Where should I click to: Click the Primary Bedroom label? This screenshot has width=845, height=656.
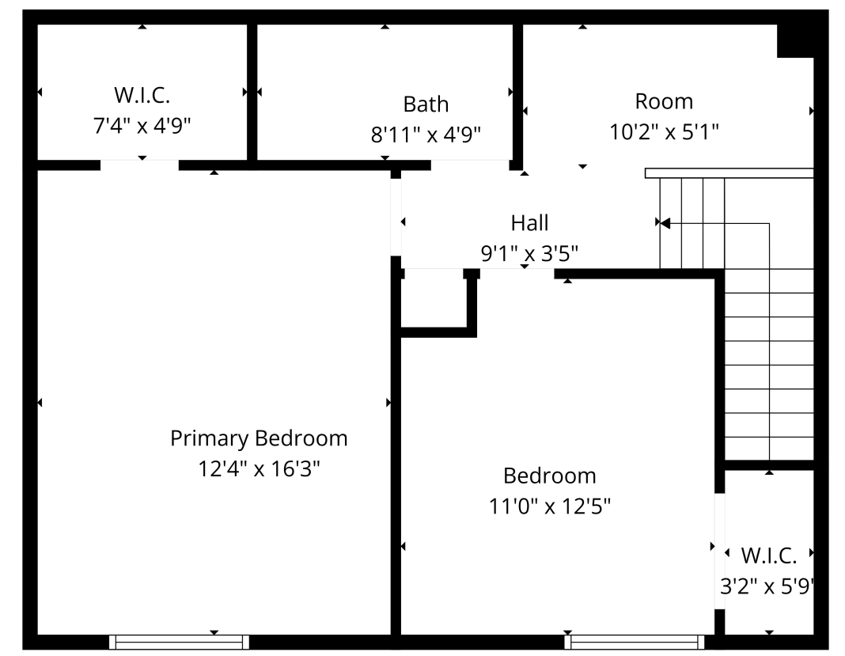pyautogui.click(x=259, y=438)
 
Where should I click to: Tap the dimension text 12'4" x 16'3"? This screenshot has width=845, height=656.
pyautogui.click(x=259, y=468)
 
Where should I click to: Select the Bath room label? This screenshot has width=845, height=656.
pyautogui.click(x=426, y=104)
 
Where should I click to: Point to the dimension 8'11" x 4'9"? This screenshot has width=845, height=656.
pyautogui.click(x=426, y=134)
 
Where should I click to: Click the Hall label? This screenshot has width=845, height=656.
pyautogui.click(x=529, y=222)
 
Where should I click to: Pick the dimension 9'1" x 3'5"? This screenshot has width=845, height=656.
pyautogui.click(x=529, y=253)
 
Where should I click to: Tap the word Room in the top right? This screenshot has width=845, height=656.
pyautogui.click(x=664, y=101)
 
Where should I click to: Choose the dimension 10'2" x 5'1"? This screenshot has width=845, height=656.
pyautogui.click(x=664, y=131)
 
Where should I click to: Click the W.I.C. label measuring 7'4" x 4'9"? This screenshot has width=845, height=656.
pyautogui.click(x=142, y=95)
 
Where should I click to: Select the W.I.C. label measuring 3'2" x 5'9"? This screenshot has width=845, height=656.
pyautogui.click(x=768, y=556)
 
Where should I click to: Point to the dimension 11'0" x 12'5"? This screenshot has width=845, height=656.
pyautogui.click(x=549, y=506)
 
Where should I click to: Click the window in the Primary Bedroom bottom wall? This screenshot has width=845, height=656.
pyautogui.click(x=179, y=642)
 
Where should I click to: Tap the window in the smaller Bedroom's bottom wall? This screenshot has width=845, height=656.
pyautogui.click(x=635, y=642)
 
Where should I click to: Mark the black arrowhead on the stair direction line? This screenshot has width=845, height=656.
pyautogui.click(x=665, y=223)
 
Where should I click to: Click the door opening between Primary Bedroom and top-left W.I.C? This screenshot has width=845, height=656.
pyautogui.click(x=139, y=165)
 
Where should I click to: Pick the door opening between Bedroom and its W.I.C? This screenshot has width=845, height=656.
pyautogui.click(x=720, y=551)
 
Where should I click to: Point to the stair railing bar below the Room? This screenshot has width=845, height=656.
pyautogui.click(x=729, y=173)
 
